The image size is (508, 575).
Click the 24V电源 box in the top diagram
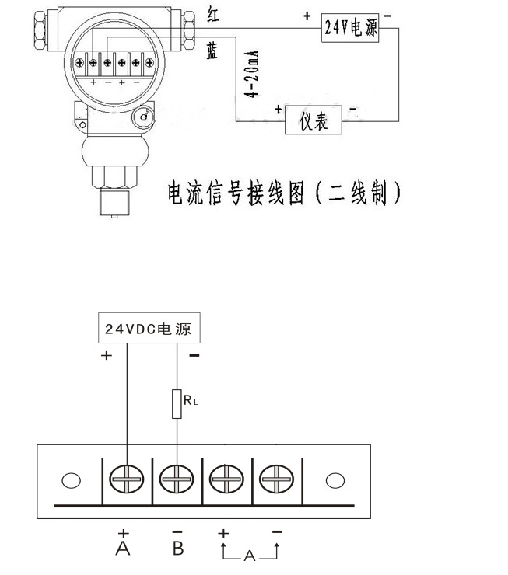[x=350, y=29]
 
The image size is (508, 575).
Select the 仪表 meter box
[x=313, y=120]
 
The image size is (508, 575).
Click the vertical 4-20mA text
[x=251, y=75]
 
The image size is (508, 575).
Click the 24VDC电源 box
[x=147, y=329]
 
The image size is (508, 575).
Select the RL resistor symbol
[x=177, y=404]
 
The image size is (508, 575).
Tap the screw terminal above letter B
[x=177, y=480]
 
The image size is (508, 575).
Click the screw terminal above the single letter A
[x=126, y=480]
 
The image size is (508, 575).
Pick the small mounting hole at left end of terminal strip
[x=71, y=480]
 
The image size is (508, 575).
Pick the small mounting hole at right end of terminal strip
[x=335, y=480]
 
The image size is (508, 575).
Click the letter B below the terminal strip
[x=177, y=549]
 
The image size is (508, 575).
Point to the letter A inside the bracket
[x=249, y=556]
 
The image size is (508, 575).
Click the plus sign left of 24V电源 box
[x=307, y=16]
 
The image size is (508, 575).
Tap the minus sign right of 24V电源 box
[x=387, y=16]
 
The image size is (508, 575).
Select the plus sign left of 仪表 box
[x=277, y=110]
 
